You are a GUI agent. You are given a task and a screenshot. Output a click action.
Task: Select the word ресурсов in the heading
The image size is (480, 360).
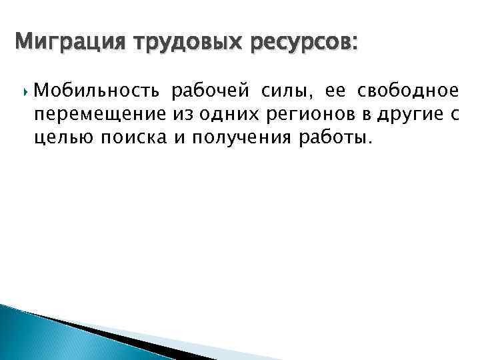point(298,44)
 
